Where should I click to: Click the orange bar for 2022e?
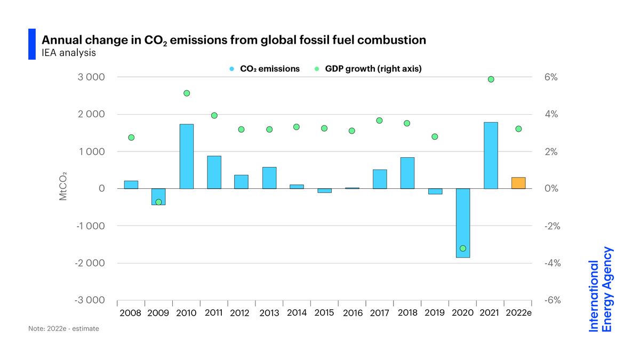tap(518, 183)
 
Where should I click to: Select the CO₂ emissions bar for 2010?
tap(187, 156)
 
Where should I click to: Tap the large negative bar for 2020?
tap(463, 223)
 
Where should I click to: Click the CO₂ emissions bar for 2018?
tap(407, 173)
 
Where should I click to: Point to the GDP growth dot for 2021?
tap(491, 79)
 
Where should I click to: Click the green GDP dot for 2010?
tap(187, 93)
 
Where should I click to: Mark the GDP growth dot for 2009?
tap(158, 202)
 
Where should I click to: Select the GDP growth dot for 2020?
tap(463, 249)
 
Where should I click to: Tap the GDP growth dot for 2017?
tap(379, 121)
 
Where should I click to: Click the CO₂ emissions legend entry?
tap(265, 69)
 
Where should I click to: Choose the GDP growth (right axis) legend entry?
tap(369, 69)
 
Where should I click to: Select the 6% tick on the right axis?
tap(551, 77)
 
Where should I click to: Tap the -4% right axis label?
tap(550, 263)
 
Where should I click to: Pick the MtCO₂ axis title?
tap(62, 186)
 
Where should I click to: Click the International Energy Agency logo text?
tap(601, 289)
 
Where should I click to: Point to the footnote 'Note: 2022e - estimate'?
tap(63, 329)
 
